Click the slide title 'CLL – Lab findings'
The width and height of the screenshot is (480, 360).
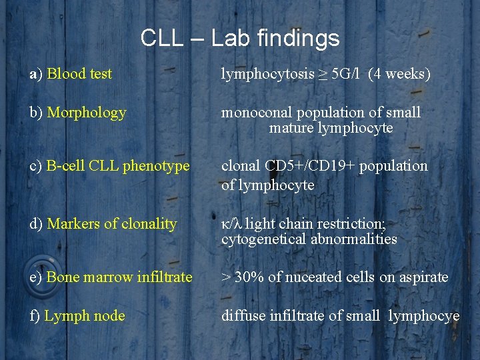(240, 38)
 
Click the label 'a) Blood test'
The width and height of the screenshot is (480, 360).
(71, 74)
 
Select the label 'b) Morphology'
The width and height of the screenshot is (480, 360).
(77, 113)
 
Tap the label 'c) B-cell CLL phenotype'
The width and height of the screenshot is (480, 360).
(110, 165)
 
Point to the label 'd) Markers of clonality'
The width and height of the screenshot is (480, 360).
(103, 225)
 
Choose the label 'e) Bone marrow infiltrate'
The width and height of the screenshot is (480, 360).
(111, 277)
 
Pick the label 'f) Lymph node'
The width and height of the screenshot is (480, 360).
(77, 315)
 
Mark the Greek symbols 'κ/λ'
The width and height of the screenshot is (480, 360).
(232, 225)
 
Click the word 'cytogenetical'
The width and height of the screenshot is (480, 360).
(264, 239)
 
